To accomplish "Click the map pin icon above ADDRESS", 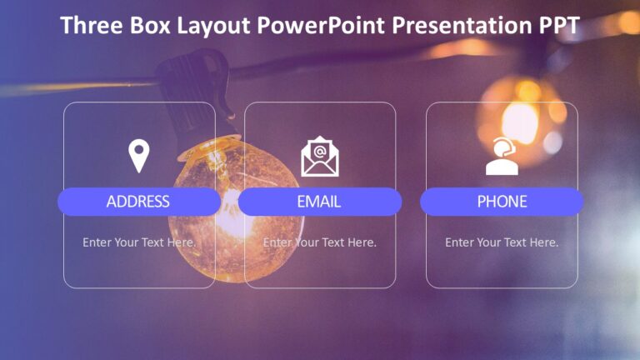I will pyautogui.click(x=138, y=156).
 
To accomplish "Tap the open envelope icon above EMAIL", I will pyautogui.click(x=320, y=157).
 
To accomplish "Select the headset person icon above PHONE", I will pyautogui.click(x=502, y=157).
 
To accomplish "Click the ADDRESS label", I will pyautogui.click(x=138, y=202).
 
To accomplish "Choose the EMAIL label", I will pyautogui.click(x=319, y=202).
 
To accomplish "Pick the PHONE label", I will pyautogui.click(x=502, y=202).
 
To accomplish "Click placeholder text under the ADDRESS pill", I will pyautogui.click(x=139, y=242).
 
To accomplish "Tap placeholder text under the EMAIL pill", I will pyautogui.click(x=320, y=242).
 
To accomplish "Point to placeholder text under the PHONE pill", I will pyautogui.click(x=502, y=242).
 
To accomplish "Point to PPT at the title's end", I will pyautogui.click(x=555, y=26).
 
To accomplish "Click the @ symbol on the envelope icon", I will pyautogui.click(x=320, y=150).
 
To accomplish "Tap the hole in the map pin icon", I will pyautogui.click(x=138, y=151).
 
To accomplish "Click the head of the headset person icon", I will pyautogui.click(x=503, y=148).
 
